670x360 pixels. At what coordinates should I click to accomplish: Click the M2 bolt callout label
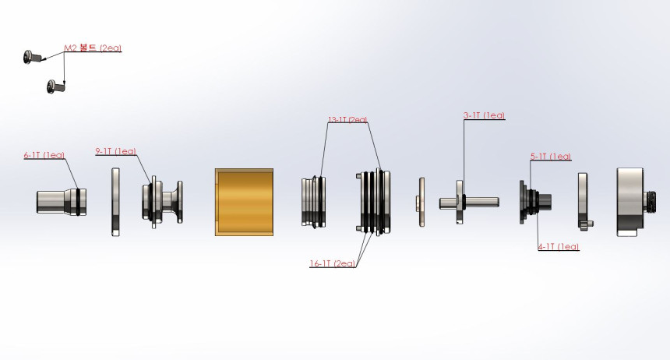(93, 48)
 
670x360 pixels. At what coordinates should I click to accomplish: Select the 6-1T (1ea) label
(44, 155)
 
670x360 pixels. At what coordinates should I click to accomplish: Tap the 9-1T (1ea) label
(116, 151)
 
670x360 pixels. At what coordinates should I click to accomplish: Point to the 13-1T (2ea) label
(347, 120)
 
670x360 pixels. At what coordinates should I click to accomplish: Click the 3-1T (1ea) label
(484, 115)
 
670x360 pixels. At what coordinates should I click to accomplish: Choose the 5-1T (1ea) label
(551, 157)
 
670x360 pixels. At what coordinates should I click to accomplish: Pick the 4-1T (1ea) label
(559, 247)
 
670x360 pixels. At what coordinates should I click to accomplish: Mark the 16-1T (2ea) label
(333, 264)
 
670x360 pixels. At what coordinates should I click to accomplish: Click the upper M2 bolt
(33, 57)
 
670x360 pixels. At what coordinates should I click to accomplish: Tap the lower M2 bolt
(56, 86)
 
